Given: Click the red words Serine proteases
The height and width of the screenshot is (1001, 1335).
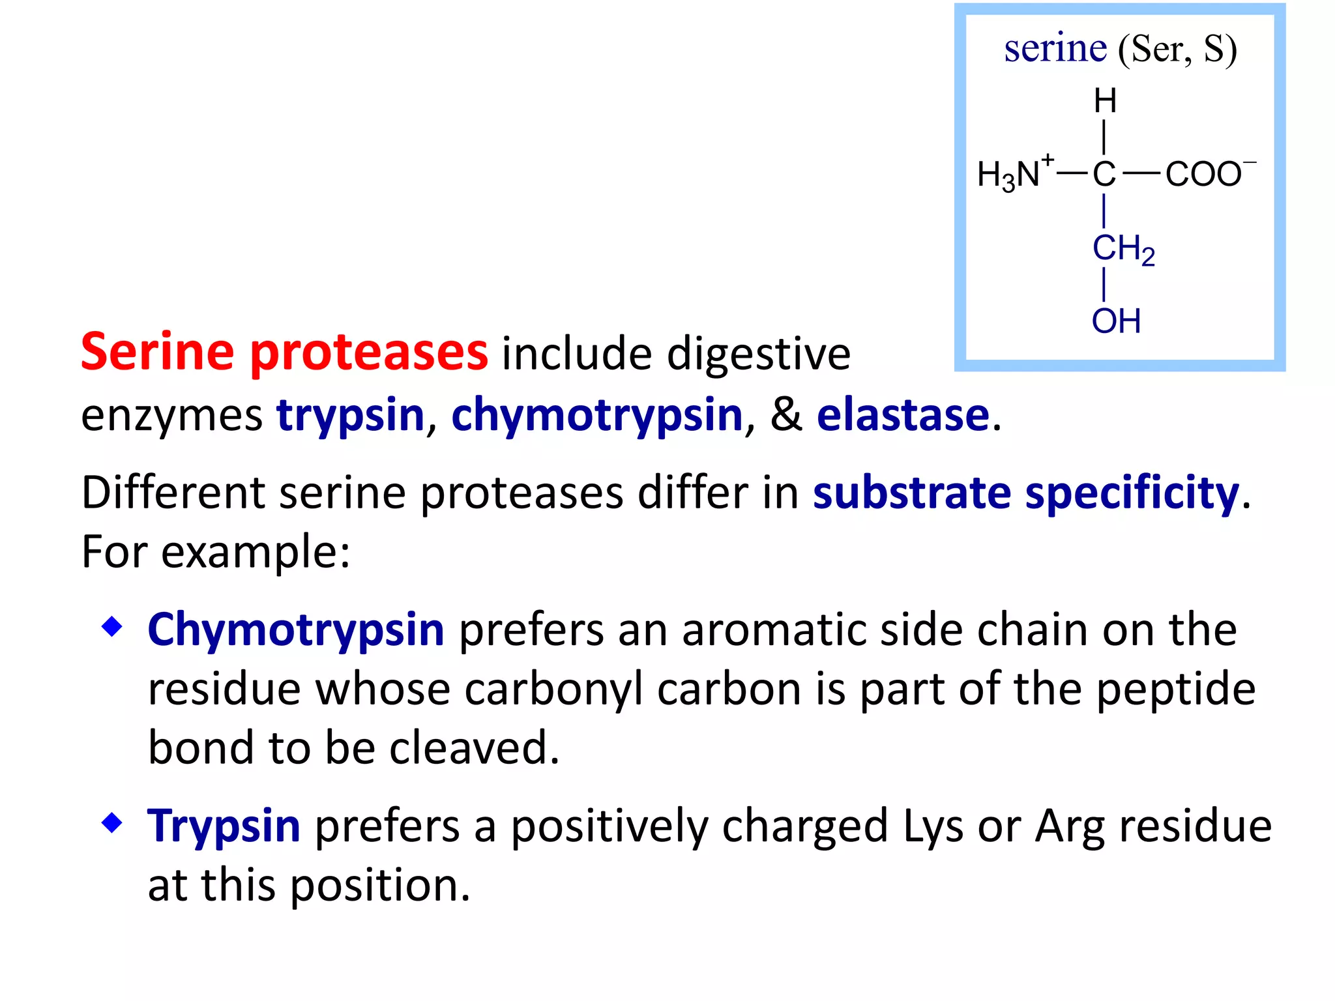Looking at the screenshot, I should pos(284,352).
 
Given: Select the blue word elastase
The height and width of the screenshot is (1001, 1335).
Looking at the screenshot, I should pos(903,414).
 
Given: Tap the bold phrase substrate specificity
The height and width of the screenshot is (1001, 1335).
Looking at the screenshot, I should pos(1025,493).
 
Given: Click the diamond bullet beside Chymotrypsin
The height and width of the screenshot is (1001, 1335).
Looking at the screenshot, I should pos(112,627).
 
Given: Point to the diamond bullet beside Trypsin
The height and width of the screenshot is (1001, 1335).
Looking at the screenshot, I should pos(112,822).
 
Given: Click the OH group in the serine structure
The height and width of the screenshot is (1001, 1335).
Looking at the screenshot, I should pos(1116,321).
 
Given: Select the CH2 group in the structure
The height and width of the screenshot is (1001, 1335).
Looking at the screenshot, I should pos(1122,249).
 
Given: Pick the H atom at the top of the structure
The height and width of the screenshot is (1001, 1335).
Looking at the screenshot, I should pos(1105,101).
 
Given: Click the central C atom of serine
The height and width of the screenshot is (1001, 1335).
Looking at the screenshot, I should pos(1104,174).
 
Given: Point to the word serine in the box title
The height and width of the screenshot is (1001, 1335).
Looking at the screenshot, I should pos(1055,49).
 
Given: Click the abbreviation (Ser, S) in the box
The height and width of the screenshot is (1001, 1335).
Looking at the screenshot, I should pos(1177,50).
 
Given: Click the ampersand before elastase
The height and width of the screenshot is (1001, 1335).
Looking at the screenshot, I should pos(785,414).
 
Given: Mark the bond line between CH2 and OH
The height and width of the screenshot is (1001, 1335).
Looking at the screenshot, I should pos(1104,285).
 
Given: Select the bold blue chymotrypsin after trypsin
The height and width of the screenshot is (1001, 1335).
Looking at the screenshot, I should pos(596,414).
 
